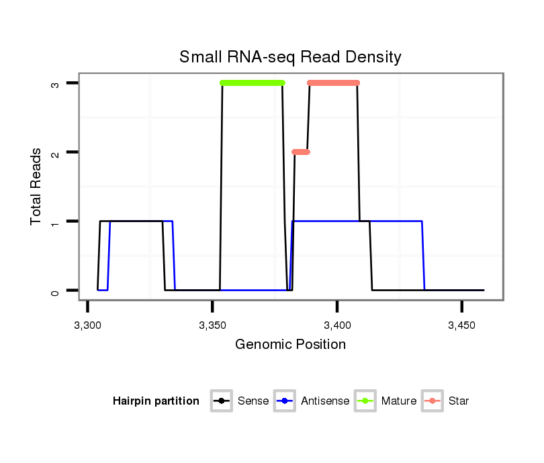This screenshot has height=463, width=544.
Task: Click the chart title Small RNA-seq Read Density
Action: (x=290, y=58)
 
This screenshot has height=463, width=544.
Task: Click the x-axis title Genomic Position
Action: (x=290, y=345)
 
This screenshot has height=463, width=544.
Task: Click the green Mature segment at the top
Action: (x=253, y=83)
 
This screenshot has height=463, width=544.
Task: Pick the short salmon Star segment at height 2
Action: (x=301, y=152)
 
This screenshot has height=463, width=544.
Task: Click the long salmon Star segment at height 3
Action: (x=334, y=83)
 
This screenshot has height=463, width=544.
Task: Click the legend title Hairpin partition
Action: (x=156, y=401)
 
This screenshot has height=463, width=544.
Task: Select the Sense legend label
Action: (x=253, y=401)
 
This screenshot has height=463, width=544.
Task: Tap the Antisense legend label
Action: (x=325, y=401)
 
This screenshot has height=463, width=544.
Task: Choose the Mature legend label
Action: (x=399, y=401)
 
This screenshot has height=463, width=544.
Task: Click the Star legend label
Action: (x=459, y=401)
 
